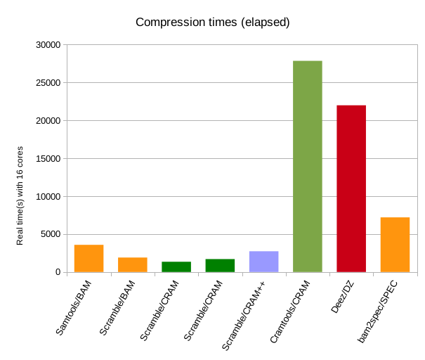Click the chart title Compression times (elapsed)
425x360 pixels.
pos(212,22)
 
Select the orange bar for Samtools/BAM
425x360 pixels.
pos(89,258)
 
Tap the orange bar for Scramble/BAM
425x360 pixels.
pos(132,264)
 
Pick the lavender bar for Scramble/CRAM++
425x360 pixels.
pos(263,261)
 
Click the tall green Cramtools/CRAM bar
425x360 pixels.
pos(307,167)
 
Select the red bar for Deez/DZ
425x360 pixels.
pos(351,188)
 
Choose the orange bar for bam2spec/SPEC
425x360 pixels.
pos(395,245)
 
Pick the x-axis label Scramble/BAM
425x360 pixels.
pos(121,305)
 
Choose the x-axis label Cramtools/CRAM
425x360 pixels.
pos(289,310)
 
